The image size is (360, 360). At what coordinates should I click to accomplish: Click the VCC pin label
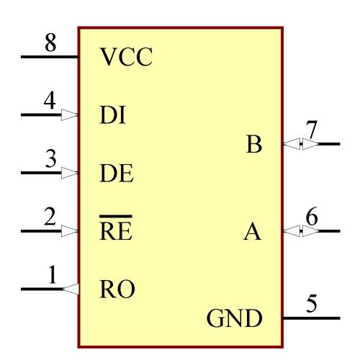[x=126, y=58]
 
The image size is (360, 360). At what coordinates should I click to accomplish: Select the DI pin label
[x=112, y=115]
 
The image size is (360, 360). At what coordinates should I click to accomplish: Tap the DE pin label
[x=116, y=174]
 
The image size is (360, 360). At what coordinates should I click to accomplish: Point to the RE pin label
[x=115, y=231]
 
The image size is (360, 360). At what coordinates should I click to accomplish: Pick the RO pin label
[x=117, y=289]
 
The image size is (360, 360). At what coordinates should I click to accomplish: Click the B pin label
[x=253, y=145]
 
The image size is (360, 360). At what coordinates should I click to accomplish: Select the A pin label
[x=252, y=232]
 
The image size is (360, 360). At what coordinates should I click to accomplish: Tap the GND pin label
[x=234, y=318]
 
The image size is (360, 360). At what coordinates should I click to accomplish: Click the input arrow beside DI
[x=69, y=115]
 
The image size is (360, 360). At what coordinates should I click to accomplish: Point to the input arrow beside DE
[x=69, y=174]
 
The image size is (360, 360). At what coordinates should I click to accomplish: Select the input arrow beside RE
[x=69, y=231]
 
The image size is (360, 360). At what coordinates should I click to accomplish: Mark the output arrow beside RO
[x=71, y=289]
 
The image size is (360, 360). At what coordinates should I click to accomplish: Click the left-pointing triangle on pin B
[x=292, y=145]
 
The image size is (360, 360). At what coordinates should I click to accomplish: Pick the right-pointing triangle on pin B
[x=310, y=145]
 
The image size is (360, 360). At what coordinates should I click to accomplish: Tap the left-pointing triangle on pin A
[x=292, y=232]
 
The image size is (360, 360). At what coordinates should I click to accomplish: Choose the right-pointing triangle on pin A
[x=310, y=232]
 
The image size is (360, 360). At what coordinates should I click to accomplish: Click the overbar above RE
[x=115, y=216]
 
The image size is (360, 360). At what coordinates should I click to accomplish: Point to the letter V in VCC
[x=108, y=58]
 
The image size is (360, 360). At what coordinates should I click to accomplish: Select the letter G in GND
[x=215, y=318]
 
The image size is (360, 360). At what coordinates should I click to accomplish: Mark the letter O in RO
[x=126, y=289]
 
